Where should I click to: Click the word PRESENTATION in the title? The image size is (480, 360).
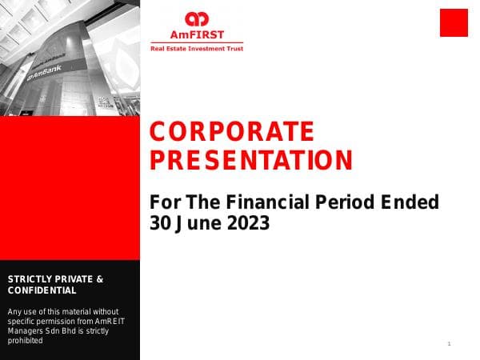(x=251, y=160)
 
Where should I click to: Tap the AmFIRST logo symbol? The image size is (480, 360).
(x=196, y=19)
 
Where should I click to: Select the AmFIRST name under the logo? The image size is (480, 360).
(x=196, y=34)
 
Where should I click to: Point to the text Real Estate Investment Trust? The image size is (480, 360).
(x=197, y=49)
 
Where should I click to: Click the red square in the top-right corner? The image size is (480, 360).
(x=454, y=22)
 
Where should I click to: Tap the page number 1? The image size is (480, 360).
(x=450, y=343)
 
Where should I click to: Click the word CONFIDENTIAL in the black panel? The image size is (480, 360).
(x=42, y=290)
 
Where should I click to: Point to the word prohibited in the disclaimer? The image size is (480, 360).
(x=25, y=340)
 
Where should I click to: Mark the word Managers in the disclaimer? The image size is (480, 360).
(x=27, y=330)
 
